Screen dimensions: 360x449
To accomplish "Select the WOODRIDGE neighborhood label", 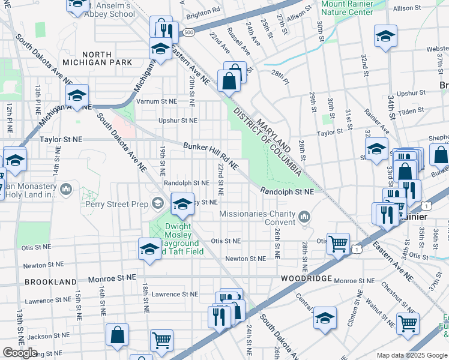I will [306, 279].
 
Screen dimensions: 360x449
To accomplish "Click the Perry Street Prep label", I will [124, 204].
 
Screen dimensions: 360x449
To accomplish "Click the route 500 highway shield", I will [189, 32].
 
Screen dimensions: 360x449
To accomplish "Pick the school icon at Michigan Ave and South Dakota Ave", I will [77, 95].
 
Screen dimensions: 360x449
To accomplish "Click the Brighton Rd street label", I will [203, 12].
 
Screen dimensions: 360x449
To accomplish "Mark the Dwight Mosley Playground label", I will [181, 235].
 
